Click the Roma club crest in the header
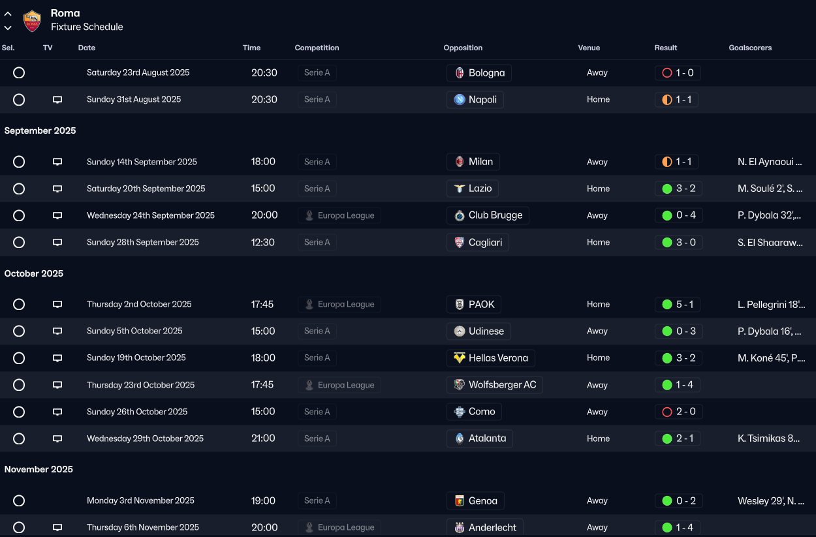pyautogui.click(x=32, y=20)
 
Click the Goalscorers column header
pyautogui.click(x=750, y=48)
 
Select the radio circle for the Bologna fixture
pyautogui.click(x=19, y=72)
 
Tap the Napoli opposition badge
pyautogui.click(x=460, y=100)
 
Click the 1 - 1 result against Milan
pyautogui.click(x=683, y=162)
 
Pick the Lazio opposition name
pyautogui.click(x=480, y=189)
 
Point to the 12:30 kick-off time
pyautogui.click(x=262, y=242)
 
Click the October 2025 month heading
pyautogui.click(x=34, y=273)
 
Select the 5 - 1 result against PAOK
pyautogui.click(x=684, y=304)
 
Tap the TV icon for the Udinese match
pyautogui.click(x=57, y=331)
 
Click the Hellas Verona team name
pyautogui.click(x=498, y=358)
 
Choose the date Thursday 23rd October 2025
pyautogui.click(x=140, y=385)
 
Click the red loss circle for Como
pyautogui.click(x=667, y=412)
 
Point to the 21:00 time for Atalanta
pyautogui.click(x=263, y=438)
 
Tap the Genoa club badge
pyautogui.click(x=460, y=501)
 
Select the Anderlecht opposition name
pyautogui.click(x=492, y=527)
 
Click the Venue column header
pyautogui.click(x=588, y=48)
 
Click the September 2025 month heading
pyautogui.click(x=40, y=130)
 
